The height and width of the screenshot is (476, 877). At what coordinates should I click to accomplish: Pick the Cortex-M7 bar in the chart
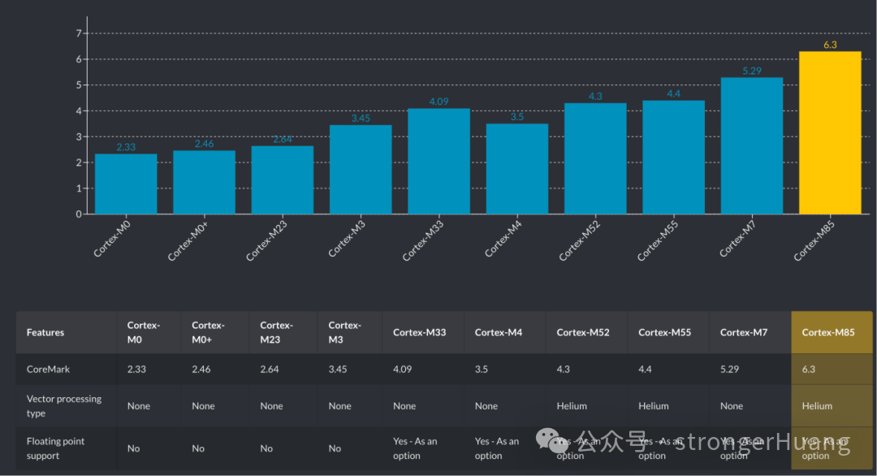point(752,145)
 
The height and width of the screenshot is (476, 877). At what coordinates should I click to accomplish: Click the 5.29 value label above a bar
point(752,71)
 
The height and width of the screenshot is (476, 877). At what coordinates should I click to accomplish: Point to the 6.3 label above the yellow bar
point(830,45)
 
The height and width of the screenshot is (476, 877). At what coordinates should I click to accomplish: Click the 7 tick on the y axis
point(79,33)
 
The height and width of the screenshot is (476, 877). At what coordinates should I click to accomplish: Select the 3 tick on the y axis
point(79,136)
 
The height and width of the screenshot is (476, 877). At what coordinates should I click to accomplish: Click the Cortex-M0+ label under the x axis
point(189,241)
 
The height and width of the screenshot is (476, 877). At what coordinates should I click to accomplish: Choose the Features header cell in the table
point(45,332)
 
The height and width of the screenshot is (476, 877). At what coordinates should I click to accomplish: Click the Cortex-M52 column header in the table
point(583,332)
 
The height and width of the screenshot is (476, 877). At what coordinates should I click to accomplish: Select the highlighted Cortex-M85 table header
point(828,332)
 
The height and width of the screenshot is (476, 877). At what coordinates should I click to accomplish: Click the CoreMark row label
point(49,369)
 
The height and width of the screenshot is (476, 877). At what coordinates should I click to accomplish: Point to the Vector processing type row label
point(64,405)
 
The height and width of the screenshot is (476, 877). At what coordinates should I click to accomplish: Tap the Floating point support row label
point(56,448)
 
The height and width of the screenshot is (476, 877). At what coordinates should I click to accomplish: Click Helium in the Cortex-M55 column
point(654,406)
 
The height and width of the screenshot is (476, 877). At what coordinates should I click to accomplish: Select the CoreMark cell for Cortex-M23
point(270,369)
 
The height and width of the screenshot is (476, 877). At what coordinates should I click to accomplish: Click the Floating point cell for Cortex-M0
point(133,448)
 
